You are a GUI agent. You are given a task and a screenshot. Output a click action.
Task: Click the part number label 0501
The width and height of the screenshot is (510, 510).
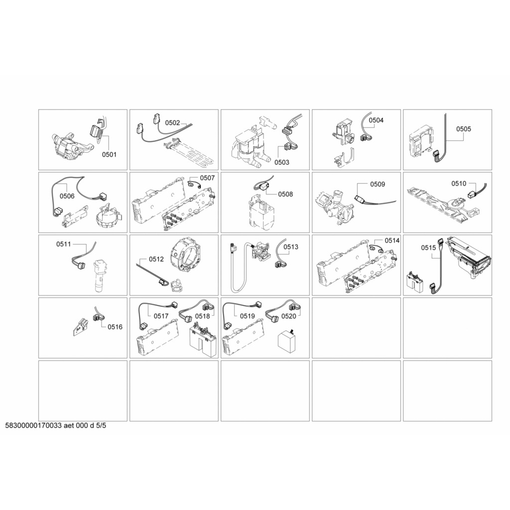109,154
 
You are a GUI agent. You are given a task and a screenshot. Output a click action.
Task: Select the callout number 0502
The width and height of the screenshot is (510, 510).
172,123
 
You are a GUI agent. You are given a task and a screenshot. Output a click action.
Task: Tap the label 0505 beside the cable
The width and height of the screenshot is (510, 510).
464,129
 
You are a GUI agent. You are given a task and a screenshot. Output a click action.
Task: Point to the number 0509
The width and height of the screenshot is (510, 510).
378,184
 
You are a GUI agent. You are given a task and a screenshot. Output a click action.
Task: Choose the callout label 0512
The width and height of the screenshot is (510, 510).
156,259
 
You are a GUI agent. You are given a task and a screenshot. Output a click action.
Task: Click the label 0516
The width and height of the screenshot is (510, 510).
115,327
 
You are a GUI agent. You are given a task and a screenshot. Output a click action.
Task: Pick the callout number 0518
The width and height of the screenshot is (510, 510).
202,316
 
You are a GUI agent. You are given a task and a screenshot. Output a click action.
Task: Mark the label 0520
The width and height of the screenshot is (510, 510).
289,316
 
